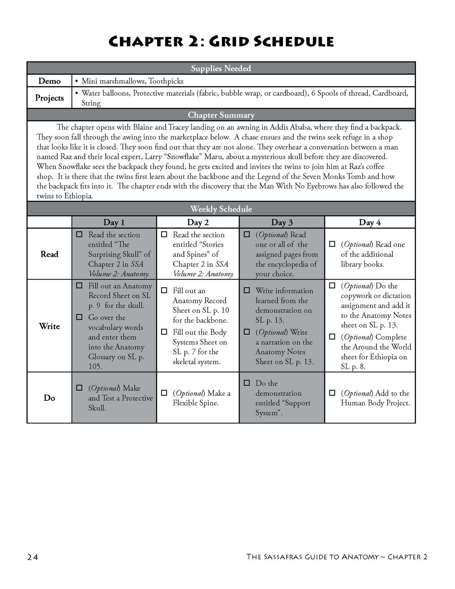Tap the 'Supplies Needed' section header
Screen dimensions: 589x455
pyautogui.click(x=221, y=68)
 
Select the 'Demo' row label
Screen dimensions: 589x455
pyautogui.click(x=49, y=81)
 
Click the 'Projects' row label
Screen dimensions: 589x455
pyautogui.click(x=49, y=98)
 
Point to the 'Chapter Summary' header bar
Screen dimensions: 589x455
pyautogui.click(x=221, y=115)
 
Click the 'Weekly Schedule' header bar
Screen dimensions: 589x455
pyautogui.click(x=221, y=209)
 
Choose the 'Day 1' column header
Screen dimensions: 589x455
pyautogui.click(x=114, y=222)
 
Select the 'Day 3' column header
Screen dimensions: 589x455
pyautogui.click(x=282, y=222)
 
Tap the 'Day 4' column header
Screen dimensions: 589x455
pyautogui.click(x=370, y=222)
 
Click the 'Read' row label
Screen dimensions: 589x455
pyautogui.click(x=49, y=254)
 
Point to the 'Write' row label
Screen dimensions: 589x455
pyautogui.click(x=49, y=326)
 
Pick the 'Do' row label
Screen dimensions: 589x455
pyautogui.click(x=49, y=398)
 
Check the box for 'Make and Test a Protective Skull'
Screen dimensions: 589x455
pyautogui.click(x=79, y=388)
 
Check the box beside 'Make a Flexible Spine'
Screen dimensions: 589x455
pyautogui.click(x=164, y=393)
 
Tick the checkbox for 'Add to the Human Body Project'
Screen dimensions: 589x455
pyautogui.click(x=332, y=393)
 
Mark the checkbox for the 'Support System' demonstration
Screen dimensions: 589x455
pyautogui.click(x=247, y=383)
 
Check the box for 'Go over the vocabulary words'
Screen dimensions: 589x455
pyautogui.click(x=79, y=317)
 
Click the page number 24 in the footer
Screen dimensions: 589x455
pyautogui.click(x=33, y=557)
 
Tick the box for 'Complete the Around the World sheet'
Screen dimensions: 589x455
pyautogui.click(x=332, y=337)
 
